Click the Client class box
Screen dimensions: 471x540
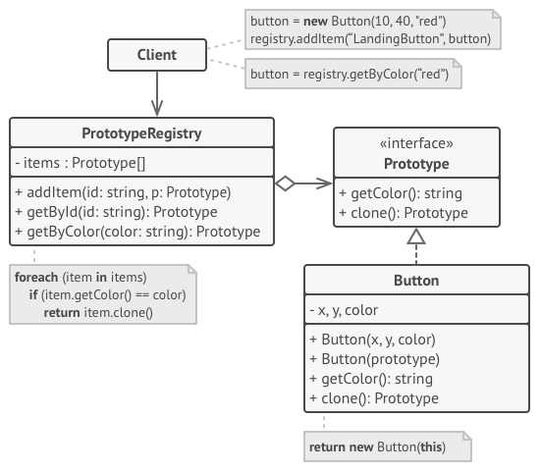click(157, 55)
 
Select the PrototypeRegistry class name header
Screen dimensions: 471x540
click(142, 132)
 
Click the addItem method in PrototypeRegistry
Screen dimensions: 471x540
click(123, 191)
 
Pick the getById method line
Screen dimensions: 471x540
click(116, 212)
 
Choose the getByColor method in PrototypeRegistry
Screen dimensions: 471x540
click(137, 232)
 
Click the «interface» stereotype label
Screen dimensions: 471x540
click(416, 143)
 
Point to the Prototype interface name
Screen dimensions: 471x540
click(416, 163)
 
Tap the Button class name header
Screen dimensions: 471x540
click(416, 281)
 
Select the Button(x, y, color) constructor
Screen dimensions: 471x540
click(370, 340)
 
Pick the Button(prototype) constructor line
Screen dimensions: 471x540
click(374, 359)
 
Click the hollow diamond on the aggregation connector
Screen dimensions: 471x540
click(285, 183)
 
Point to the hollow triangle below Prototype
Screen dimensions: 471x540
click(416, 236)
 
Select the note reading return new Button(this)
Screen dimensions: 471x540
click(389, 446)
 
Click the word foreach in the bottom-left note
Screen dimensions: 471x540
click(37, 278)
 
